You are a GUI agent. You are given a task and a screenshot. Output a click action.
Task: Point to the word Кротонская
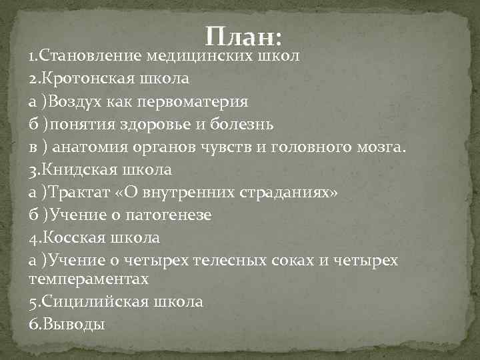88,78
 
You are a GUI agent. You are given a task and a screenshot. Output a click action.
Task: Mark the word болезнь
243,124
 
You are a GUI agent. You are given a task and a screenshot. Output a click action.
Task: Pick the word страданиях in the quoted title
293,192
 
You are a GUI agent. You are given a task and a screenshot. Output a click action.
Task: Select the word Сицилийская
93,301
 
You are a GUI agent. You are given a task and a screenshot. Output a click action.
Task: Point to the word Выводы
72,324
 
